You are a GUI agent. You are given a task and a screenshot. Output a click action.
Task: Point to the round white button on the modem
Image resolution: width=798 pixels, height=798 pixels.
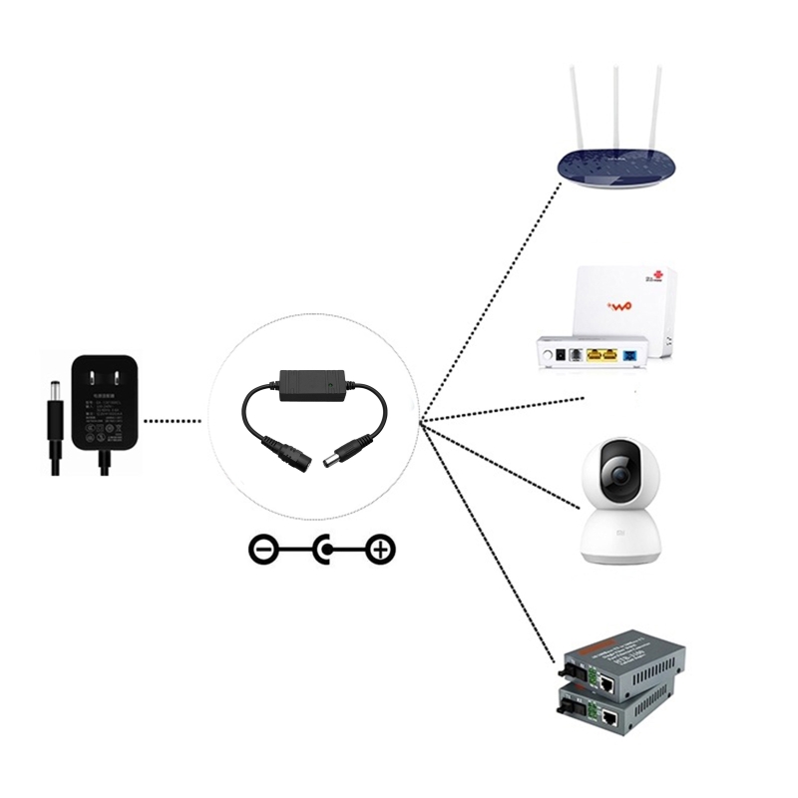548,354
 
